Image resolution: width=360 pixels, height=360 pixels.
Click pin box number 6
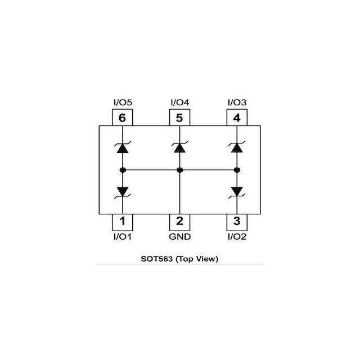123,118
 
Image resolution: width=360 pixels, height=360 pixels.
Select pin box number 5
179,118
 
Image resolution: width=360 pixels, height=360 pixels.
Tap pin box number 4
237,118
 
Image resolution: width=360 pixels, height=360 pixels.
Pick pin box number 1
123,221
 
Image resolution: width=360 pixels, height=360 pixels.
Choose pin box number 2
179,221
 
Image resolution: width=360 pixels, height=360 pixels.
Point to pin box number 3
237,221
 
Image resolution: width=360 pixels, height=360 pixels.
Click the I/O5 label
123,103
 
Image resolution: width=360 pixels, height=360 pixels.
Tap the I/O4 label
179,103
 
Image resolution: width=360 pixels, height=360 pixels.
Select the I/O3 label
237,103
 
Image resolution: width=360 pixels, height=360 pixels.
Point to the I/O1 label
123,237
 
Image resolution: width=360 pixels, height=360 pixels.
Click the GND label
179,237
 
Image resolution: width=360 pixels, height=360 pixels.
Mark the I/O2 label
237,237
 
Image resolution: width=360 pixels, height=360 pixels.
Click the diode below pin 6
123,148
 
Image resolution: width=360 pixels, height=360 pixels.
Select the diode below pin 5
179,148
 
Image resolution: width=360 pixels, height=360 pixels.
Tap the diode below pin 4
237,148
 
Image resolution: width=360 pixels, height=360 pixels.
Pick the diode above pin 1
123,191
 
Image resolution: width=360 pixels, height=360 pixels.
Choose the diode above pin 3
237,191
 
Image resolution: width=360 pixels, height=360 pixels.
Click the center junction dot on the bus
179,170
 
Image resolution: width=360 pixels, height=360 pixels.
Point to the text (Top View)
198,259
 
